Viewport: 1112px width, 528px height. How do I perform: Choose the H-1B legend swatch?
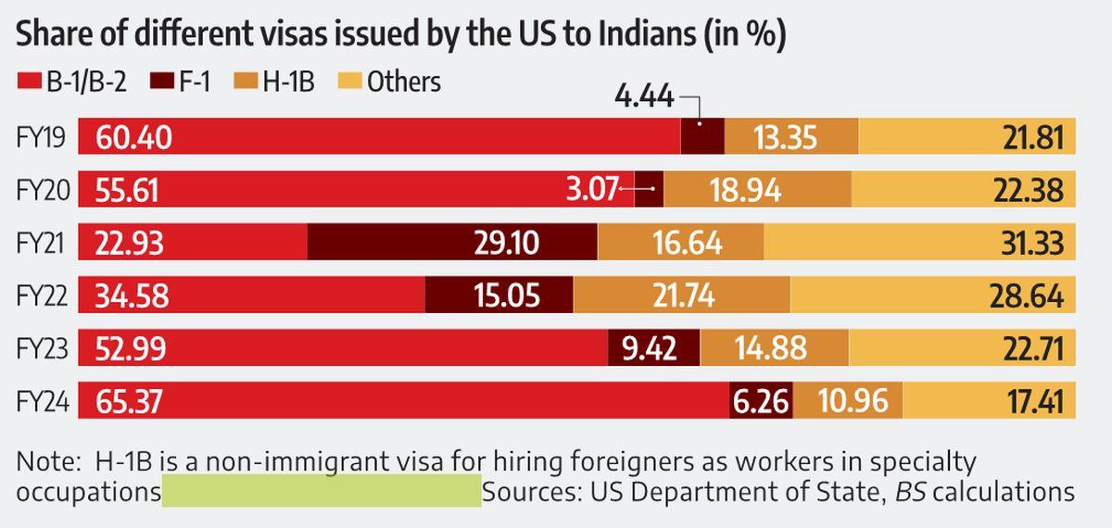click(246, 82)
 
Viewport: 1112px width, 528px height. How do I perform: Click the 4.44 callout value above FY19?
click(645, 96)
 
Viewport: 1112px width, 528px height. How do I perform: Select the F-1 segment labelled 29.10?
click(506, 244)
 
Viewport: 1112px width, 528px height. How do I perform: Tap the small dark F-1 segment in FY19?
click(702, 138)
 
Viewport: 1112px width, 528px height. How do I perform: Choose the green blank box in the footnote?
click(322, 491)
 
